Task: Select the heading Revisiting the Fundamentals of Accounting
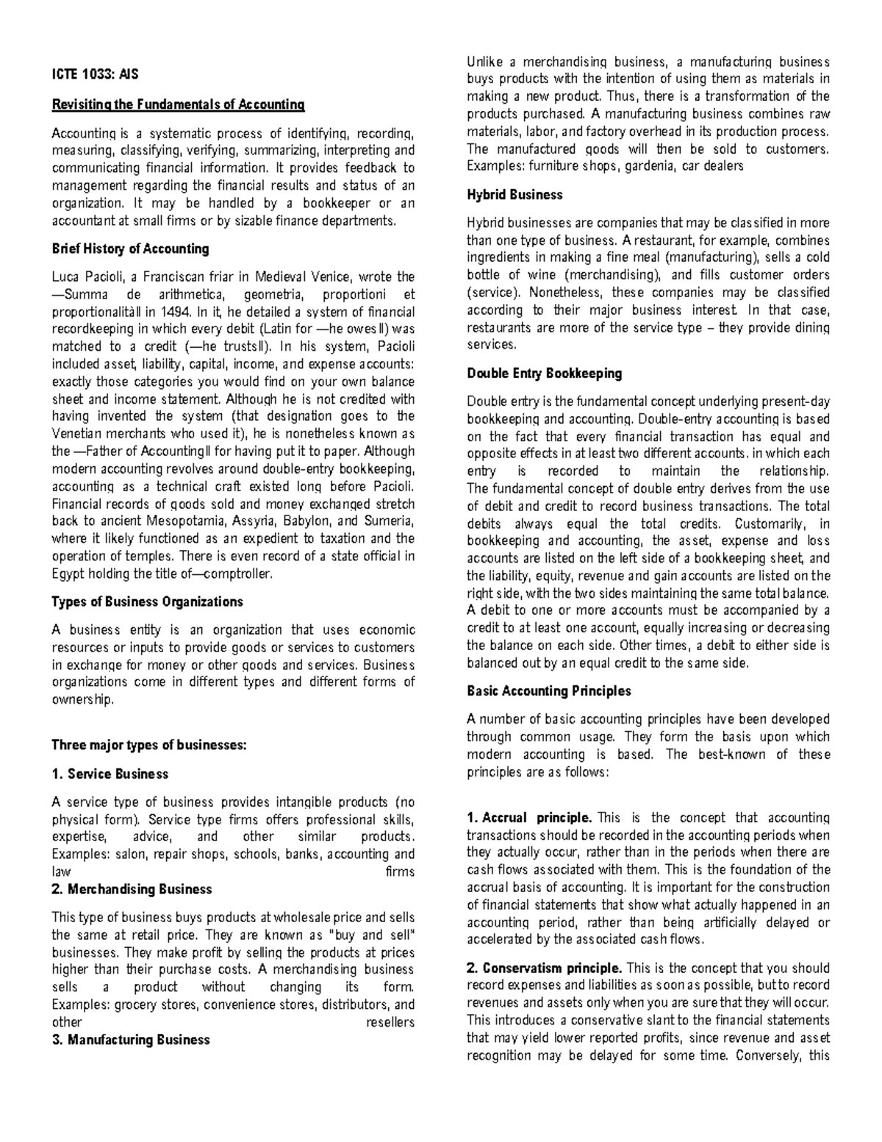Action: [177, 104]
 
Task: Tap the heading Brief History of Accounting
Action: [130, 249]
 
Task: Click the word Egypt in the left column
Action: [68, 574]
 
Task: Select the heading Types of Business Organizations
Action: [147, 602]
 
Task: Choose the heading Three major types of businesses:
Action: [148, 745]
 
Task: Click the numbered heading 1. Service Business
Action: [110, 774]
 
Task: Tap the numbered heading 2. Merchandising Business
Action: [132, 889]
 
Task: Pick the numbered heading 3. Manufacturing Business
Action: [130, 1039]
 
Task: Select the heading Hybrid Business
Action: [514, 195]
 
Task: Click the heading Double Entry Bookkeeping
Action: [545, 374]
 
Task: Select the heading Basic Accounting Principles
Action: [549, 690]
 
